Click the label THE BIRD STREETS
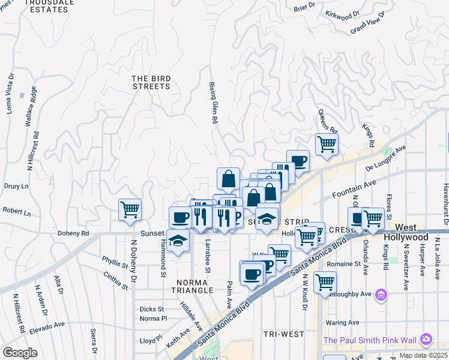[x=151, y=82]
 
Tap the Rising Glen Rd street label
[x=212, y=103]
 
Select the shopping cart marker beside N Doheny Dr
[x=130, y=210]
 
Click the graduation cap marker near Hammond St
[x=177, y=241]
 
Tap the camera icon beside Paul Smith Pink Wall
[x=426, y=340]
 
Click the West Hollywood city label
[x=407, y=233]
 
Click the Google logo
[x=20, y=352]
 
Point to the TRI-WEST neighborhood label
[x=283, y=334]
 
